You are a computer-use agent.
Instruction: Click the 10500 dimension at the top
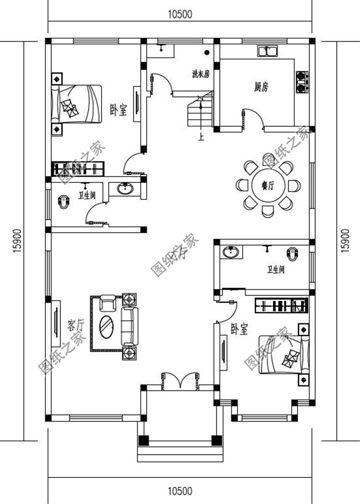pyautogui.click(x=179, y=15)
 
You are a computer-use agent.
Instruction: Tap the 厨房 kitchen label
pyautogui.click(x=261, y=87)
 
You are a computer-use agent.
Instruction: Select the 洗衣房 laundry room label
pyautogui.click(x=200, y=74)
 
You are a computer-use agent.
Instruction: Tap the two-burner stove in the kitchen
pyautogui.click(x=302, y=81)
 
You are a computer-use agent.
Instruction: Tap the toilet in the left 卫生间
pyautogui.click(x=64, y=202)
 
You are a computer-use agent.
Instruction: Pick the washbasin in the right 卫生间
pyautogui.click(x=231, y=253)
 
